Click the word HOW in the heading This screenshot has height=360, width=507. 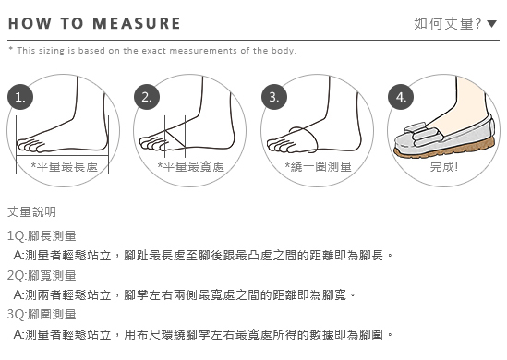[30, 24]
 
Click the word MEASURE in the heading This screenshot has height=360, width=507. [137, 24]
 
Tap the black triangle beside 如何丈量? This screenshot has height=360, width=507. [491, 24]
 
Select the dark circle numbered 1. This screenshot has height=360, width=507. [20, 97]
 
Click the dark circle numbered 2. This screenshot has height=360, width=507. [147, 97]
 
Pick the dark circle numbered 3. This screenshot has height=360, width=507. [274, 97]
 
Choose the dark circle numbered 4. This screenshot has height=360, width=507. [401, 97]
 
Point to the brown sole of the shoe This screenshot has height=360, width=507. [444, 150]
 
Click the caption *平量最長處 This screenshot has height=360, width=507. [65, 166]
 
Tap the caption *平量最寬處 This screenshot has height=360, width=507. [191, 166]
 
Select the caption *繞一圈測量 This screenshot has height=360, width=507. [319, 166]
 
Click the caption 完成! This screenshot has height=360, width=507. [444, 166]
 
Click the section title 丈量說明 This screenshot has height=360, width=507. [32, 212]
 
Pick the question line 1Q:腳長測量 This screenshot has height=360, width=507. [42, 236]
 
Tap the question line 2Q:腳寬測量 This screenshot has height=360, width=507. [42, 275]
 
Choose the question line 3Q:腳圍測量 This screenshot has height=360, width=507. [42, 314]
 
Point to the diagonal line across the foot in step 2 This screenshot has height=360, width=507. [175, 138]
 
